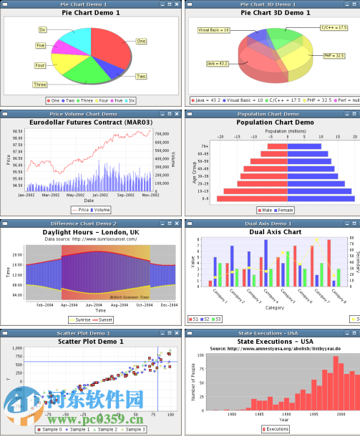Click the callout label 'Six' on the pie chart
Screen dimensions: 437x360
[x=42, y=29]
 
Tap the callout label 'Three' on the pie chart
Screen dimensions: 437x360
[x=39, y=85]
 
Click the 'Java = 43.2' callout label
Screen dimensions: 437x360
[x=217, y=64]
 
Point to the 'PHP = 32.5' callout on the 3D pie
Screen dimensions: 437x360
[x=334, y=55]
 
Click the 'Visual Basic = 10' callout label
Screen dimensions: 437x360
[x=213, y=30]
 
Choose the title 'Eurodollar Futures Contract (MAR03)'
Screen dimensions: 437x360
[x=89, y=123]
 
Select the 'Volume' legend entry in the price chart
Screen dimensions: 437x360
[x=102, y=210]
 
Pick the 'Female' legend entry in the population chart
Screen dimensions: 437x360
[x=284, y=210]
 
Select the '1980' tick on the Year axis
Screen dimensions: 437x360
[x=232, y=414]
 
